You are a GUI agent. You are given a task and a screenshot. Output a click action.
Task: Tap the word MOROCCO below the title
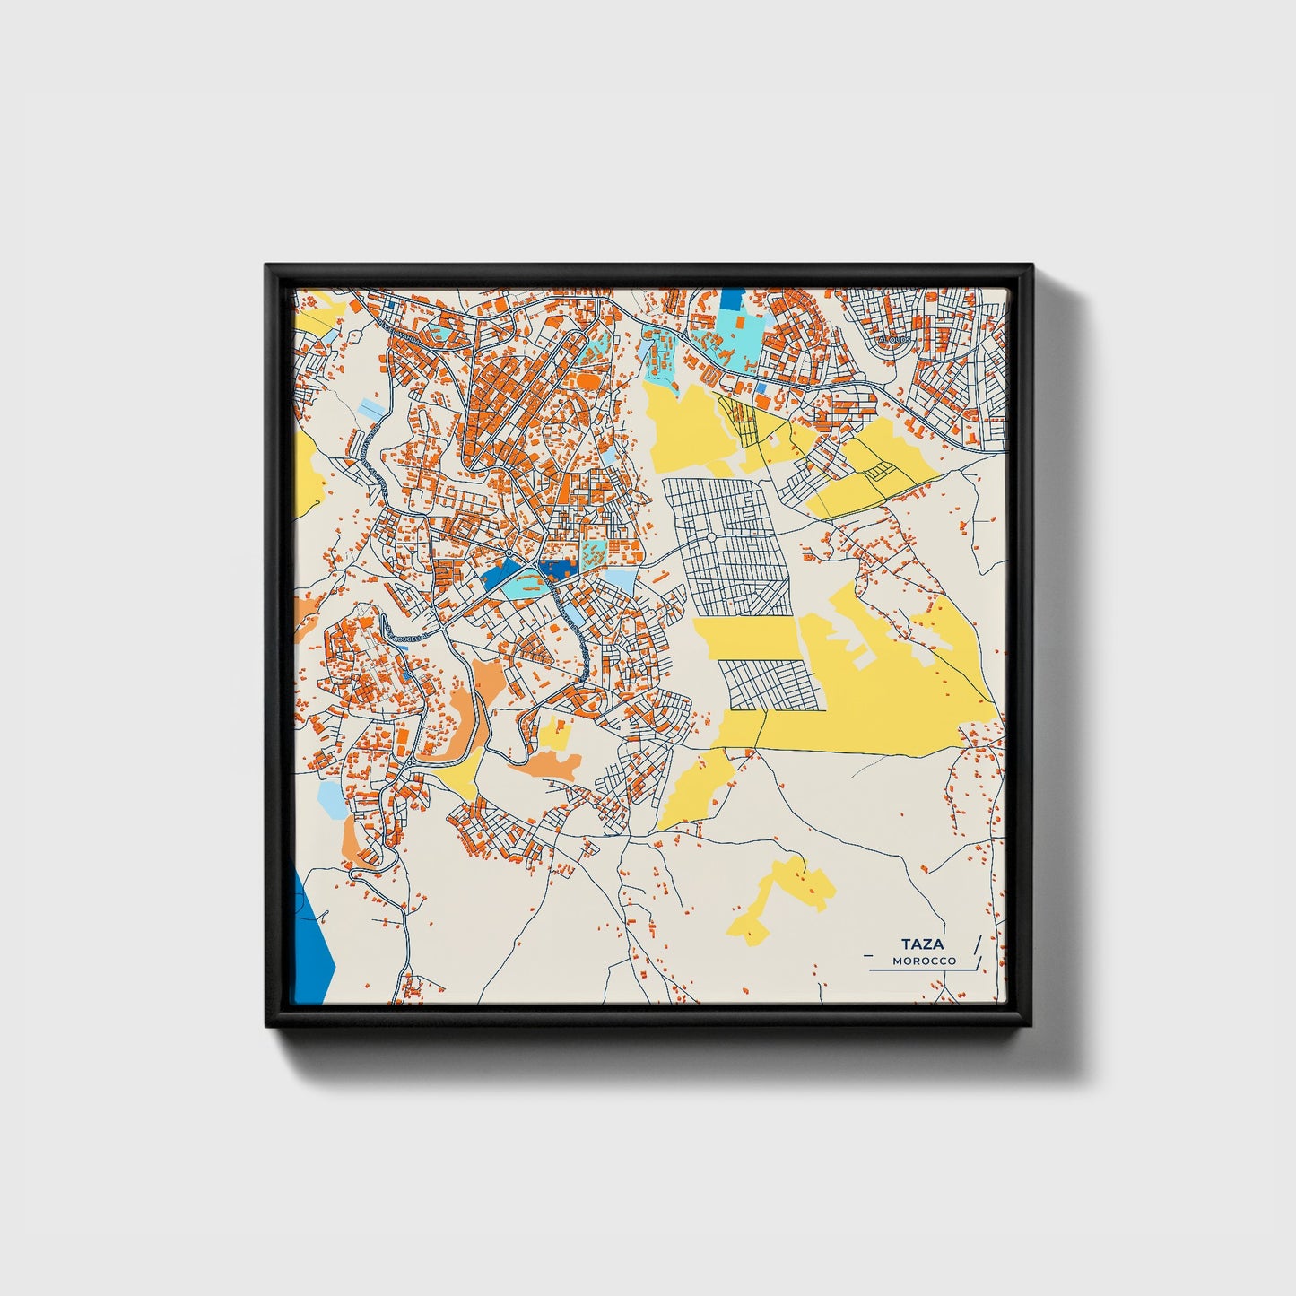click(924, 961)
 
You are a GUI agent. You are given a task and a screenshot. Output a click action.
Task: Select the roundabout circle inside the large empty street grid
click(710, 537)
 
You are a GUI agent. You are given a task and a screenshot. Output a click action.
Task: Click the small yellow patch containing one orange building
click(556, 733)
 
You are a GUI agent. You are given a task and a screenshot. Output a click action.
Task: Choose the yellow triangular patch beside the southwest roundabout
click(461, 777)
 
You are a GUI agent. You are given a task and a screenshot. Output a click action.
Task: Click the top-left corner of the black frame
click(267, 266)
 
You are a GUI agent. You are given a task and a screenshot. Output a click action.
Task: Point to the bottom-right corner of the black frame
click(1031, 1028)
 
